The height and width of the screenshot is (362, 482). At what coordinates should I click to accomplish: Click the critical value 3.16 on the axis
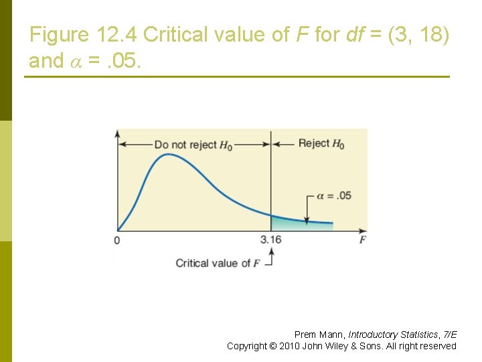270,240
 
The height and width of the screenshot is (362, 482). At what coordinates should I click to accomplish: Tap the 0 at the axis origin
117,241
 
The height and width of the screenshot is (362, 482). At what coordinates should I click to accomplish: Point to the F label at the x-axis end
362,240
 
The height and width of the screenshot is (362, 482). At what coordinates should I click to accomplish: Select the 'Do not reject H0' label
193,145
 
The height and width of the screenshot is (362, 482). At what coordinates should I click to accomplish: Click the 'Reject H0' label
321,143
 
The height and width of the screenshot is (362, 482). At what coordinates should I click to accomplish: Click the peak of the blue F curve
168,155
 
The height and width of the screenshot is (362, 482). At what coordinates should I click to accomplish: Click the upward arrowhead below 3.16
271,251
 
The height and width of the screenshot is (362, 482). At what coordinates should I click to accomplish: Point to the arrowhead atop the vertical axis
118,132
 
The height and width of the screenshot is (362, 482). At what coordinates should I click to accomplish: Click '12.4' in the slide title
118,35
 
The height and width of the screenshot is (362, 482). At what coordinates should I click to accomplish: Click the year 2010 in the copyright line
290,346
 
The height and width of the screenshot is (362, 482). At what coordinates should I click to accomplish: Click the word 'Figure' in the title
60,35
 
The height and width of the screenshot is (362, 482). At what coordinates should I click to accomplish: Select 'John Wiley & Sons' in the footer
343,346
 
